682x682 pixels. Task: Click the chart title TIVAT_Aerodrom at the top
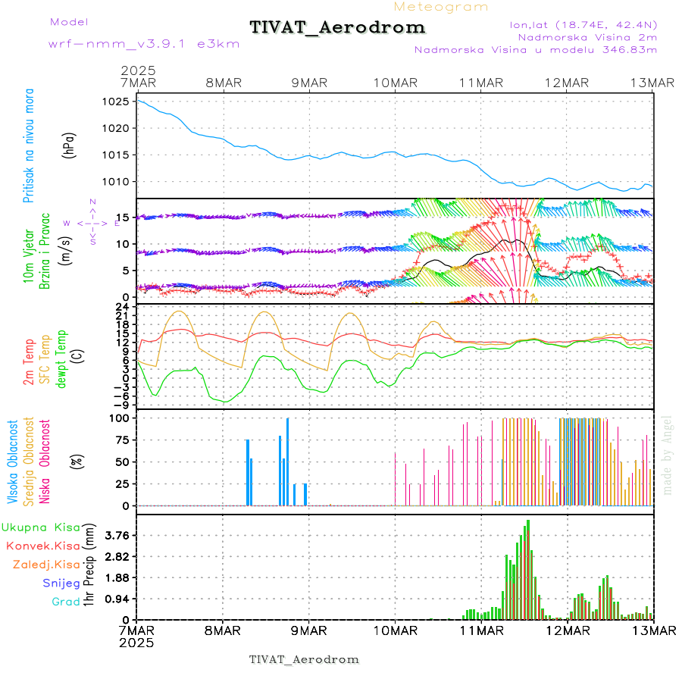(337, 27)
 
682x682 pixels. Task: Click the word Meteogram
(441, 7)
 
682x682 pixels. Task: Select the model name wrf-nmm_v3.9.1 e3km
(144, 43)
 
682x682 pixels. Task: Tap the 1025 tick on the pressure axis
(120, 102)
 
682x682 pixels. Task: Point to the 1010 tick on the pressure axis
(120, 182)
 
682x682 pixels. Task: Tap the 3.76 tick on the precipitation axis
(117, 535)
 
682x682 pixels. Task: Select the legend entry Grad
(65, 602)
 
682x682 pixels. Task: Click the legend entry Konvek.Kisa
(42, 546)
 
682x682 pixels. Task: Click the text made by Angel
(668, 455)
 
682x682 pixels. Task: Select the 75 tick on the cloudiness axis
(120, 440)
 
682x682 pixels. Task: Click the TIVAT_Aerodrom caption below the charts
(304, 659)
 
